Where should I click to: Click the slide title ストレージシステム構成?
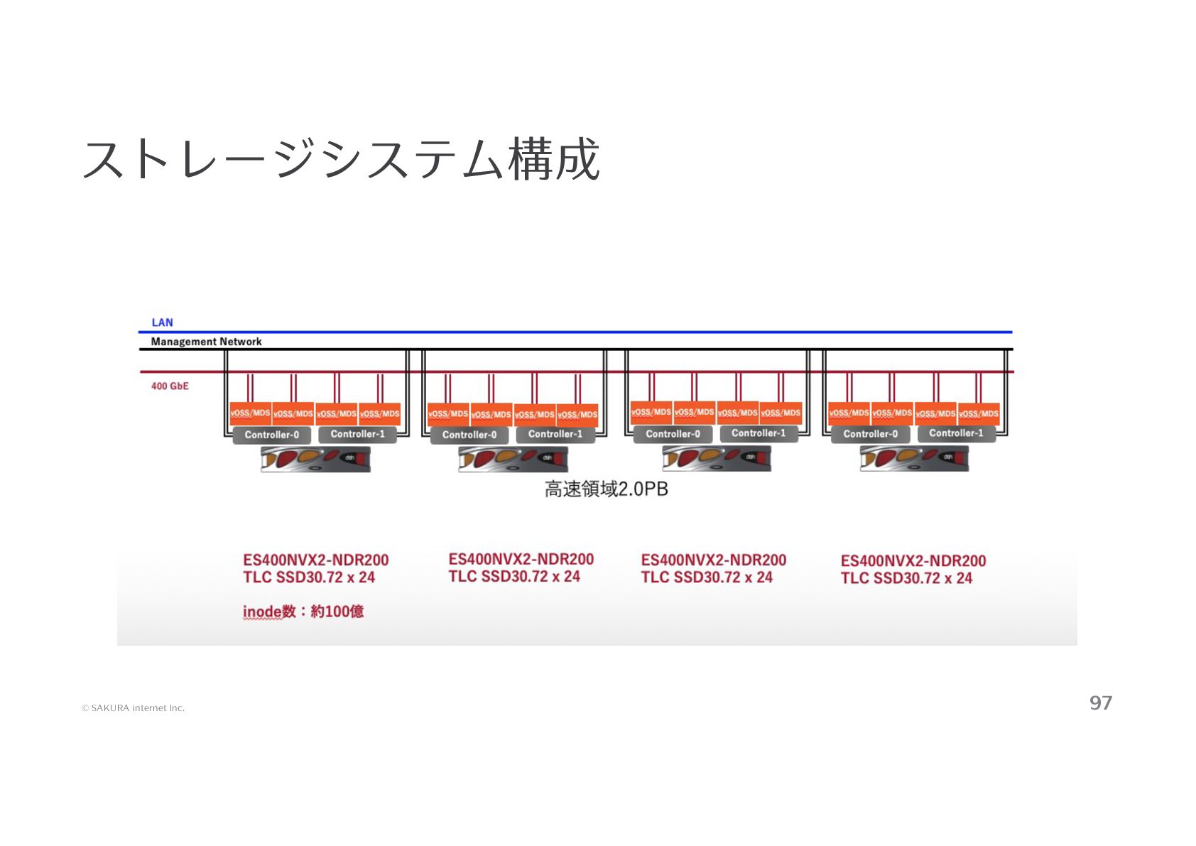pos(341,159)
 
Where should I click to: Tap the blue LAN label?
pos(162,322)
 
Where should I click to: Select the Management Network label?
pos(206,342)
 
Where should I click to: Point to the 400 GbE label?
pos(170,386)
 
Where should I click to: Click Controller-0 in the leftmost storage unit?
pos(271,435)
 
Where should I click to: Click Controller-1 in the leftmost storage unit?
pos(357,434)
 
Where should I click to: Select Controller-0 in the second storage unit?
pos(469,435)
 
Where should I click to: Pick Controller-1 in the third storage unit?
pos(759,433)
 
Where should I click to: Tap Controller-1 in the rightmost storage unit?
pos(956,433)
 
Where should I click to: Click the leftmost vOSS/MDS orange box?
pos(250,413)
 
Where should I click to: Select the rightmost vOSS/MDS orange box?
pos(979,413)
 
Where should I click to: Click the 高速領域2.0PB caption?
pos(606,489)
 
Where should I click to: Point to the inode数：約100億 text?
pos(303,612)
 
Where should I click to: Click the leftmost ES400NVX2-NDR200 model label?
pos(315,560)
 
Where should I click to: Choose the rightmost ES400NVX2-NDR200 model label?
pos(913,561)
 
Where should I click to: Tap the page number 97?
pos(1101,703)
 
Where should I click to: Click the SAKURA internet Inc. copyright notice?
pos(134,708)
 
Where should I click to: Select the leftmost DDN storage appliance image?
pos(315,460)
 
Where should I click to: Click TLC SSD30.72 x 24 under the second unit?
pos(514,577)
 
